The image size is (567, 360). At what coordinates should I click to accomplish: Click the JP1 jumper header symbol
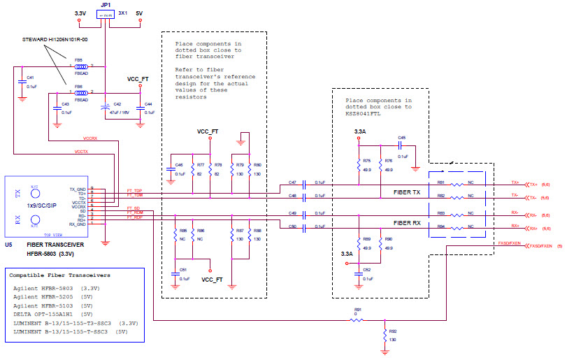tap(108, 14)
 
